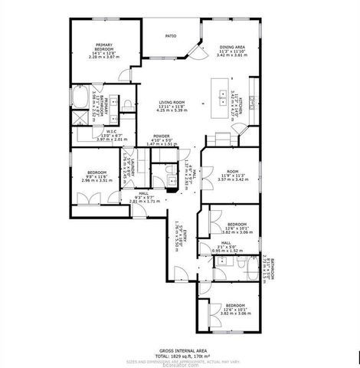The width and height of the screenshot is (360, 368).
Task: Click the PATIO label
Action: tap(172, 35)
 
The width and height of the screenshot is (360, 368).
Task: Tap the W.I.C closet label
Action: tap(111, 131)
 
